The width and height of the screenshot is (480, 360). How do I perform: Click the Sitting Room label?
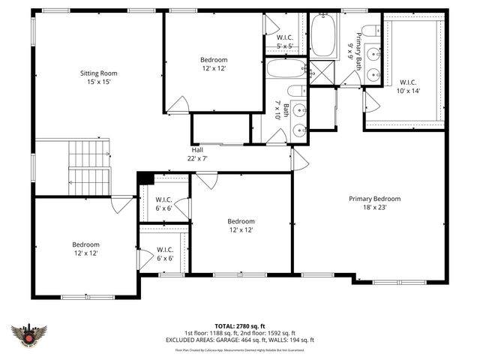coord(99,73)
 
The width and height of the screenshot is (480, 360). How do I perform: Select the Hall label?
coord(196,148)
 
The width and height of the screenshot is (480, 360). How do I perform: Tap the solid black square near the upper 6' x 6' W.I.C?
coord(145,178)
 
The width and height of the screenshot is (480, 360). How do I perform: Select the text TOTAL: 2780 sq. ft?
coord(239,325)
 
